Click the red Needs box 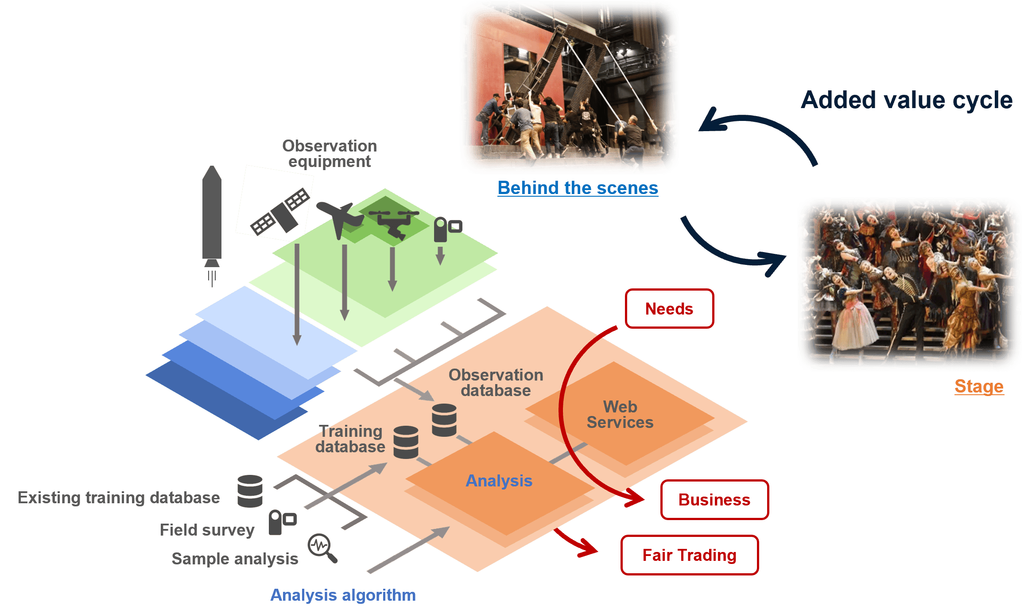[x=669, y=309]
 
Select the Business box [x=714, y=500]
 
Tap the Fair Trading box [x=689, y=555]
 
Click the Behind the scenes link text [x=578, y=188]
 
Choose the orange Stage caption [x=979, y=386]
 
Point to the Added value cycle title [x=906, y=100]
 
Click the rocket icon [x=212, y=217]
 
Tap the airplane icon [x=339, y=217]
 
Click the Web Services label [x=620, y=415]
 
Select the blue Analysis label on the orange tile [x=499, y=481]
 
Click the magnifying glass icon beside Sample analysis [x=322, y=548]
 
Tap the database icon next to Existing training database [x=250, y=491]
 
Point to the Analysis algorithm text [x=343, y=595]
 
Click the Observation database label [x=496, y=383]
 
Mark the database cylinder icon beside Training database [x=406, y=442]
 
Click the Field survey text [x=207, y=530]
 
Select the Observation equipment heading [x=330, y=154]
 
